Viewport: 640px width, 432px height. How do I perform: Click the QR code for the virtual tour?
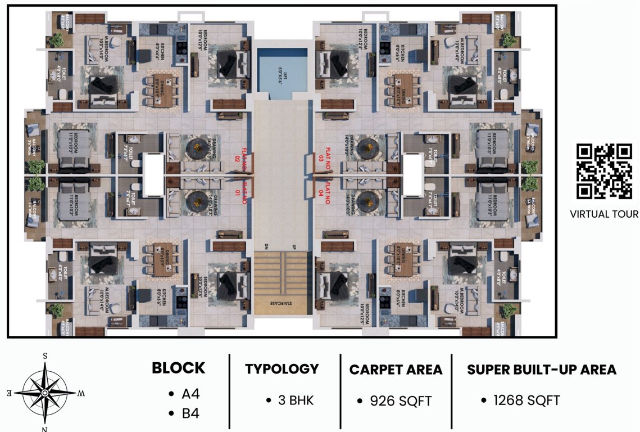pos(604,172)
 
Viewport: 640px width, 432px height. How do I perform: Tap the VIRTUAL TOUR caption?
pos(604,214)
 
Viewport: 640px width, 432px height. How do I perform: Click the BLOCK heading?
pos(179,368)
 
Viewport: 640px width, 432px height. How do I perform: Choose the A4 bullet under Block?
pos(190,394)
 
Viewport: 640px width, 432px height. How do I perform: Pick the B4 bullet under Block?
pos(190,415)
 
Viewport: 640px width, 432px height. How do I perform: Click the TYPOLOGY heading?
pos(282,369)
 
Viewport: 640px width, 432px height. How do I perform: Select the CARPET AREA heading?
pos(396,370)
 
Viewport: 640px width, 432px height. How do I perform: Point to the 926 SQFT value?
pos(401,401)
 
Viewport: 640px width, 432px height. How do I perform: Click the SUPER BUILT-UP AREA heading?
pos(542,370)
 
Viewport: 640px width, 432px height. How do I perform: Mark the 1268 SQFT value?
pos(526,400)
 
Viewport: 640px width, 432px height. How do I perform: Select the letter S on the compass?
pos(45,356)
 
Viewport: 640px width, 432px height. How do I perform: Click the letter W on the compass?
pos(81,393)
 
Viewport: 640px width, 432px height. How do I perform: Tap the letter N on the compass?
pos(45,429)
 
